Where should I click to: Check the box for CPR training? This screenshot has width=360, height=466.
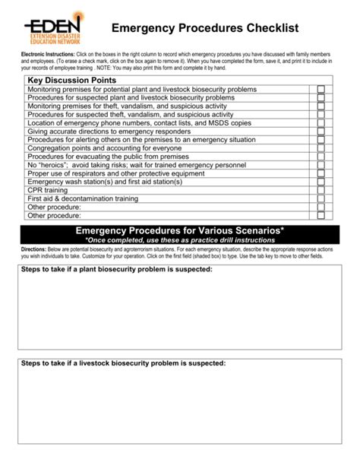(321, 190)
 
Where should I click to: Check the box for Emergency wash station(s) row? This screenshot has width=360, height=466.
(321, 182)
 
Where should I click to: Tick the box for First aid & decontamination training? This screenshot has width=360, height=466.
(321, 198)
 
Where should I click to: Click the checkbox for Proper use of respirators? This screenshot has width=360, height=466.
(321, 173)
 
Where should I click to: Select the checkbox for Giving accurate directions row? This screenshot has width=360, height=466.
(321, 132)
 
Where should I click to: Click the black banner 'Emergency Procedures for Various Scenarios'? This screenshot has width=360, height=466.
(180, 231)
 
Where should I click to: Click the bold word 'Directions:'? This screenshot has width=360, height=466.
(34, 249)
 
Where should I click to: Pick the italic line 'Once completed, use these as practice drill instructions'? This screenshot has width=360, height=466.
(180, 240)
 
